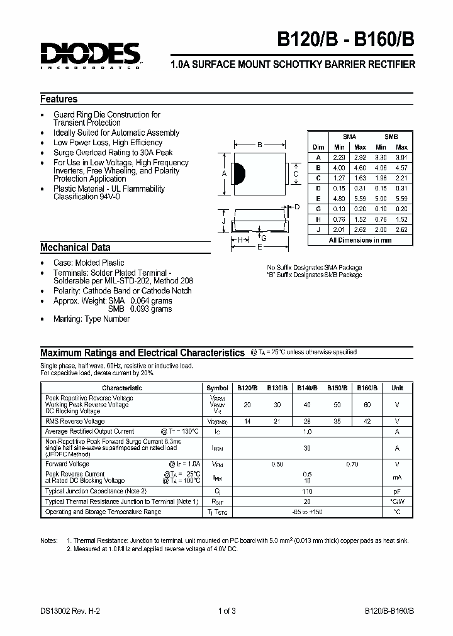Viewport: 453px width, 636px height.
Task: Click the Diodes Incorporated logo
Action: tap(91, 56)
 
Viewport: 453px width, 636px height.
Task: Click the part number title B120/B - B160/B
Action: tap(345, 39)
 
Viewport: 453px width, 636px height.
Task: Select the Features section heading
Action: tap(59, 99)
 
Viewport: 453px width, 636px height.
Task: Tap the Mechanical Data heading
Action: tap(75, 248)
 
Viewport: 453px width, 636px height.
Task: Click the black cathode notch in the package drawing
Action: tap(238, 173)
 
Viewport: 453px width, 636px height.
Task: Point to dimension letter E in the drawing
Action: tap(259, 248)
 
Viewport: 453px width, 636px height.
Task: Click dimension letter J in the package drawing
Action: tap(223, 221)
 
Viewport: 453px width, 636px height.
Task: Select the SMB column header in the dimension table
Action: tap(391, 136)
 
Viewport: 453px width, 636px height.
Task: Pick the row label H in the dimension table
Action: tap(318, 219)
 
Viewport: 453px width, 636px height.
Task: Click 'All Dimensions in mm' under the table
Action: tap(361, 240)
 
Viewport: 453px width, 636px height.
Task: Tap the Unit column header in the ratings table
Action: tap(397, 388)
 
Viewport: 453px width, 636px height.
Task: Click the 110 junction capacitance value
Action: tap(308, 490)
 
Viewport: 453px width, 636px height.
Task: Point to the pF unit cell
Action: tap(397, 490)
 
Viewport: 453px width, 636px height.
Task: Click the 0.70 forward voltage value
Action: tap(352, 464)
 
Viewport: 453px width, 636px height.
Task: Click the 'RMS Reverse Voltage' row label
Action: tap(75, 421)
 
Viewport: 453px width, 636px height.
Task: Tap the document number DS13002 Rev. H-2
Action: tap(70, 610)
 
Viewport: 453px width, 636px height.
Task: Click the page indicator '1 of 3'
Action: tap(226, 610)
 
